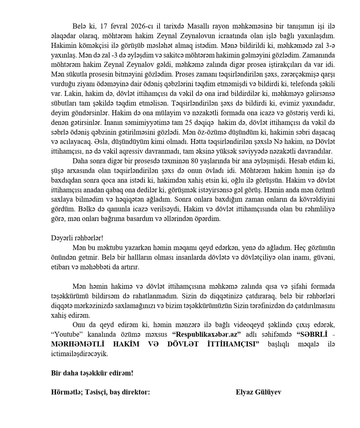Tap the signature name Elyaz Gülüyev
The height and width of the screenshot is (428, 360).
pyautogui.click(x=258, y=392)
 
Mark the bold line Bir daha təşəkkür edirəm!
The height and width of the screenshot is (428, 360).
pyautogui.click(x=92, y=373)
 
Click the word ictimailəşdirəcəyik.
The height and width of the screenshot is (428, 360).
pyautogui.click(x=79, y=354)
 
